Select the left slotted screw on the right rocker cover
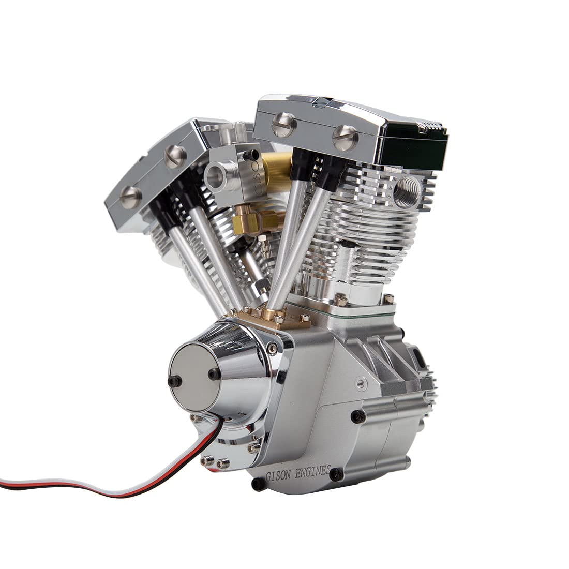click(283, 124)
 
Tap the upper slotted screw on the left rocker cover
click(174, 154)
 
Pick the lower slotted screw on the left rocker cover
click(130, 196)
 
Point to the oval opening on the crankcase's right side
click(417, 356)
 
